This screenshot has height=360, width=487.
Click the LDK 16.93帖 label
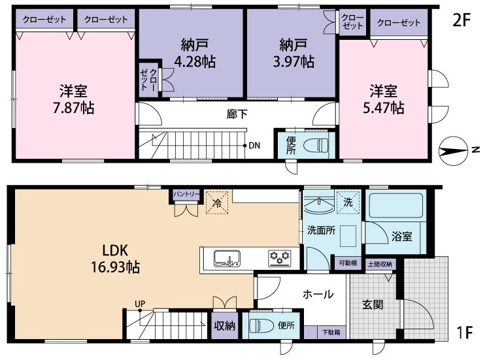coord(115,259)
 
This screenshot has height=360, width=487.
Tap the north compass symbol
coord(453,151)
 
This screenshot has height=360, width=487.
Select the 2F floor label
coord(462,20)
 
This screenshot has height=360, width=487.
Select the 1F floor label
coord(465,333)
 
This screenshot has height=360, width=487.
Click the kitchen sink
coord(227,258)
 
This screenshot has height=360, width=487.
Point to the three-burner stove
coord(280,258)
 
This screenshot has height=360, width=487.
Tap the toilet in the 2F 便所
coord(316,145)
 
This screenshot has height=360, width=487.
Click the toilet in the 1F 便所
coord(261,325)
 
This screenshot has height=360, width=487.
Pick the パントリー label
coord(186,194)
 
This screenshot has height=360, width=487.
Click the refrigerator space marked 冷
coord(217,203)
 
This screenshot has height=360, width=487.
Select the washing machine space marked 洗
coord(348,203)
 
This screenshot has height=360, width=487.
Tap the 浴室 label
coord(401,237)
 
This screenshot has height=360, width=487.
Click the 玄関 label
coord(373,304)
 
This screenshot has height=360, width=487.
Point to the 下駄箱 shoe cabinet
coord(331,333)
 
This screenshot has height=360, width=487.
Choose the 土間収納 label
coord(380,265)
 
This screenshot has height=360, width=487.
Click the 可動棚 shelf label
coord(348,263)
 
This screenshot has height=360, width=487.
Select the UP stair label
coord(140,304)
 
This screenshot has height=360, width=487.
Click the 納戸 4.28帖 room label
coord(195,54)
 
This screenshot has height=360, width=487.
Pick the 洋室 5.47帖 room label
coord(384,99)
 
